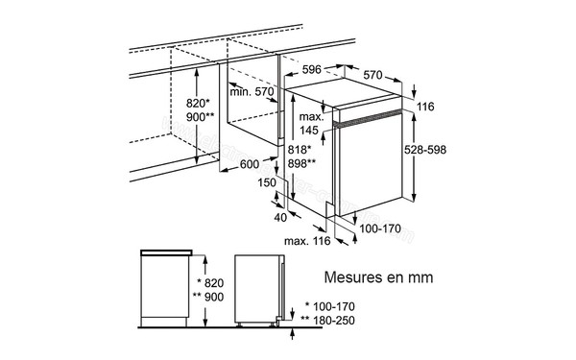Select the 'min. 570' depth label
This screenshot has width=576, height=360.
pos(251,92)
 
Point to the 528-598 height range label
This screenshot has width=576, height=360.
pos(452,151)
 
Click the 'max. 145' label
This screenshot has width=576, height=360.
pos(307,123)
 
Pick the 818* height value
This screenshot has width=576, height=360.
pos(300,150)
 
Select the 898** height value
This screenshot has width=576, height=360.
pos(302,163)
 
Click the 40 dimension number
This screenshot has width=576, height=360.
pos(280,217)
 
